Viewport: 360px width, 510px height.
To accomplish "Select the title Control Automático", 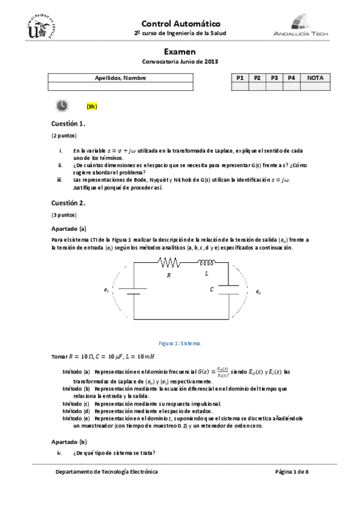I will click(x=180, y=23).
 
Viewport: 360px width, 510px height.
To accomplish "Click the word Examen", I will click(x=180, y=52).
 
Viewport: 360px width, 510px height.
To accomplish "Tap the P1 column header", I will click(x=240, y=78).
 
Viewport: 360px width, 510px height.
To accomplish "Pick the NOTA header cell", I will click(x=314, y=78).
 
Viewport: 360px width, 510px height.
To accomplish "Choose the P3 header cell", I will click(x=274, y=78).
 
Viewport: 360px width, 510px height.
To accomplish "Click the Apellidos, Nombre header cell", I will click(x=120, y=78).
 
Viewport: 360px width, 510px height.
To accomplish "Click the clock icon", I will click(x=62, y=106).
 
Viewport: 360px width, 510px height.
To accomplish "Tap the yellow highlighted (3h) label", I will click(x=91, y=106).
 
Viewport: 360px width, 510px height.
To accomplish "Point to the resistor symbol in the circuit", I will click(x=170, y=262).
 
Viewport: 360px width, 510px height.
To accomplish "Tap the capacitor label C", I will click(x=212, y=289).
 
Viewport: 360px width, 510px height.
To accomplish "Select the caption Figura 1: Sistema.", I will click(x=180, y=343).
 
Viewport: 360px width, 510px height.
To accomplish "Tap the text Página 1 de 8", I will click(x=291, y=472).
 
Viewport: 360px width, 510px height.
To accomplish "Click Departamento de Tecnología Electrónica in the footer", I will click(x=106, y=472).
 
